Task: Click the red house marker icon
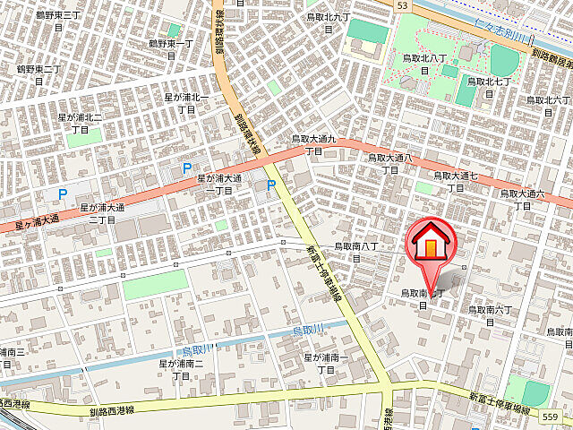(432, 242)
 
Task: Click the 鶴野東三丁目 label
(59, 21)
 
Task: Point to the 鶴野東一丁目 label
(171, 48)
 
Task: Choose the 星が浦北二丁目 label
(81, 123)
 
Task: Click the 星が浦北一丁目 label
(186, 102)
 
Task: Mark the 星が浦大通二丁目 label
(104, 212)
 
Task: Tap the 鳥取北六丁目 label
(548, 106)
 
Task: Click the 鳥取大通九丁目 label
(313, 144)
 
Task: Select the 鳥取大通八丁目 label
(390, 162)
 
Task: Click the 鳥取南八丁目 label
(356, 251)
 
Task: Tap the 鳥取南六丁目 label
(491, 315)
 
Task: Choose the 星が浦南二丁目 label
(182, 369)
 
